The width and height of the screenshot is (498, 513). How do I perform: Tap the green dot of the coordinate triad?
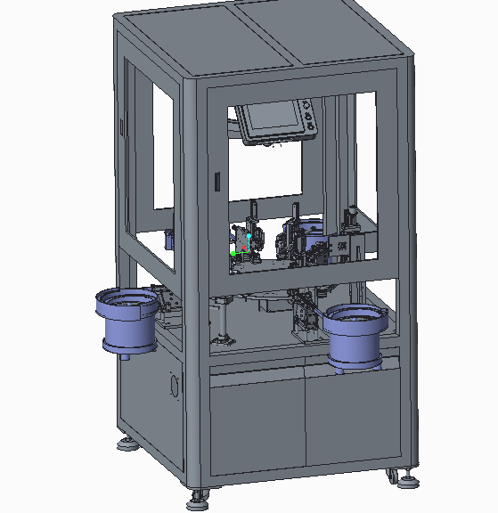(233, 254)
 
